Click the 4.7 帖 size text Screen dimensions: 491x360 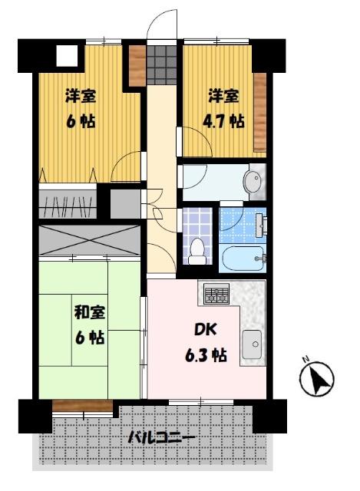[225, 121]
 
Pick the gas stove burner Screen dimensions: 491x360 [216, 293]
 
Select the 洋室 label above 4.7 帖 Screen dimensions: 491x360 [223, 97]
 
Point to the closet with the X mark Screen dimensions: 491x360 [89, 241]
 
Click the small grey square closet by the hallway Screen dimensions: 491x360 [124, 203]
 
